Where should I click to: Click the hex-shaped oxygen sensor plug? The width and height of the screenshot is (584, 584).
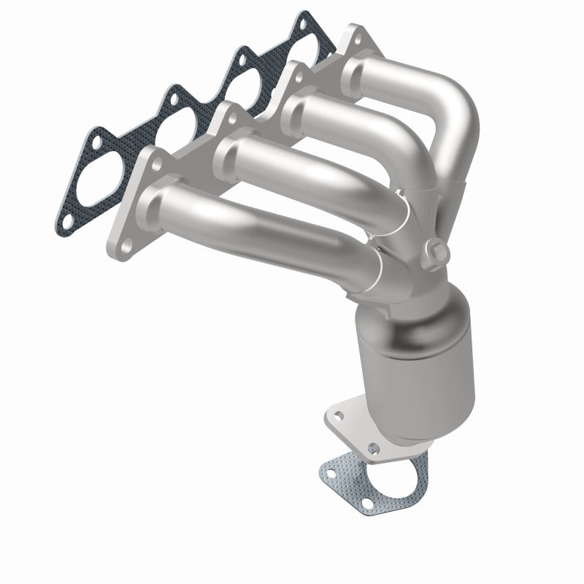[437, 250]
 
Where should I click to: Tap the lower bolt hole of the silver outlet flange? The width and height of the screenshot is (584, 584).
[374, 447]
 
